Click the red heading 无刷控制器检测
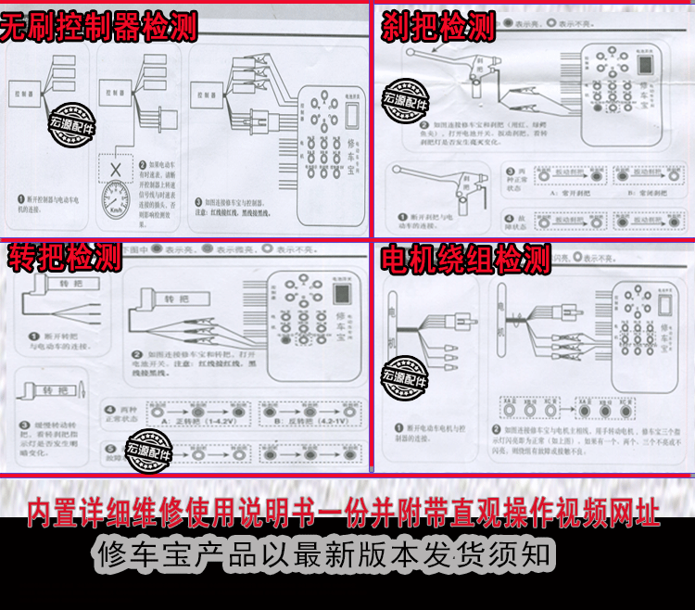98,27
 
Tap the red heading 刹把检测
439,27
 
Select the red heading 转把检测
64,257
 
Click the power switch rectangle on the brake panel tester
647,64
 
